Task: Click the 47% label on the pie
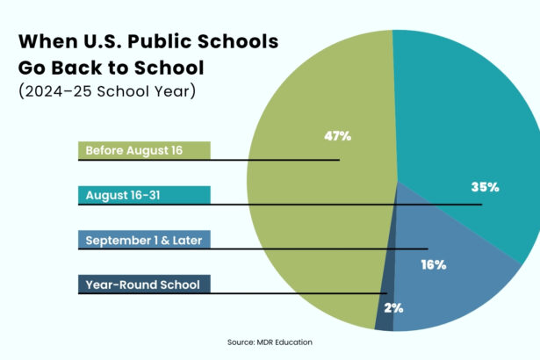pos(336,136)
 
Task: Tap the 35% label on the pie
pos(484,187)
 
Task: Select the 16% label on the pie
pos(433,263)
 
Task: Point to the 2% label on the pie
pos(394,309)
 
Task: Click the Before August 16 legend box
pos(144,150)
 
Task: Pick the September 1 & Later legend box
pos(144,239)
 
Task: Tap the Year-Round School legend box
pos(144,284)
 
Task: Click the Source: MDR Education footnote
pos(270,342)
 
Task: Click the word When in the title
pos(47,41)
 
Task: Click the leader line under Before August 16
pos(263,160)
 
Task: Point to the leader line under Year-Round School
pos(263,293)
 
